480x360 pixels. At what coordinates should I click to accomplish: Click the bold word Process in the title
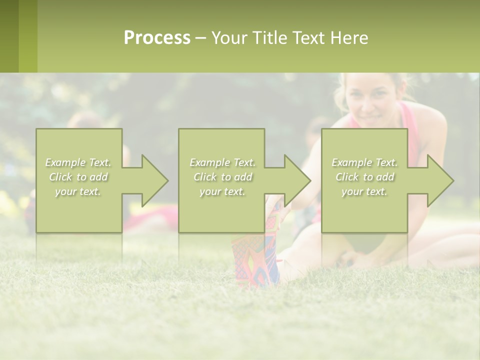click(157, 38)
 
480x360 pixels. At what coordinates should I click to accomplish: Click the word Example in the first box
click(65, 162)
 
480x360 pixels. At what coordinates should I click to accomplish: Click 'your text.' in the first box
click(78, 191)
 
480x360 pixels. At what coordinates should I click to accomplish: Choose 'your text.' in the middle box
click(222, 191)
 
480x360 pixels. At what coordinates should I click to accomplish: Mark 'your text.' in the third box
click(364, 191)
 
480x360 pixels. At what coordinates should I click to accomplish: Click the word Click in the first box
click(60, 177)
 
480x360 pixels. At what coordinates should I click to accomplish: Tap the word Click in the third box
click(347, 177)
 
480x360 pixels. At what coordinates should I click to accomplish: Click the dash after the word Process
click(200, 38)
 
